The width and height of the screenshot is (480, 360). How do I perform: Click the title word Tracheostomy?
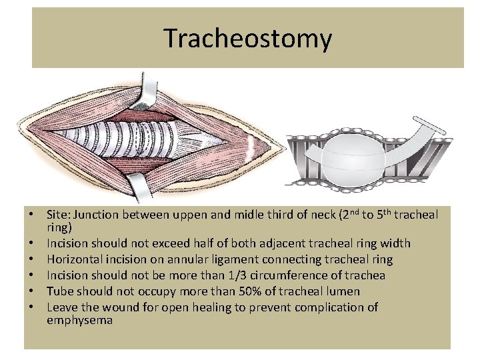click(247, 39)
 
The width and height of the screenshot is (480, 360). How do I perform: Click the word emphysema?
click(79, 321)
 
